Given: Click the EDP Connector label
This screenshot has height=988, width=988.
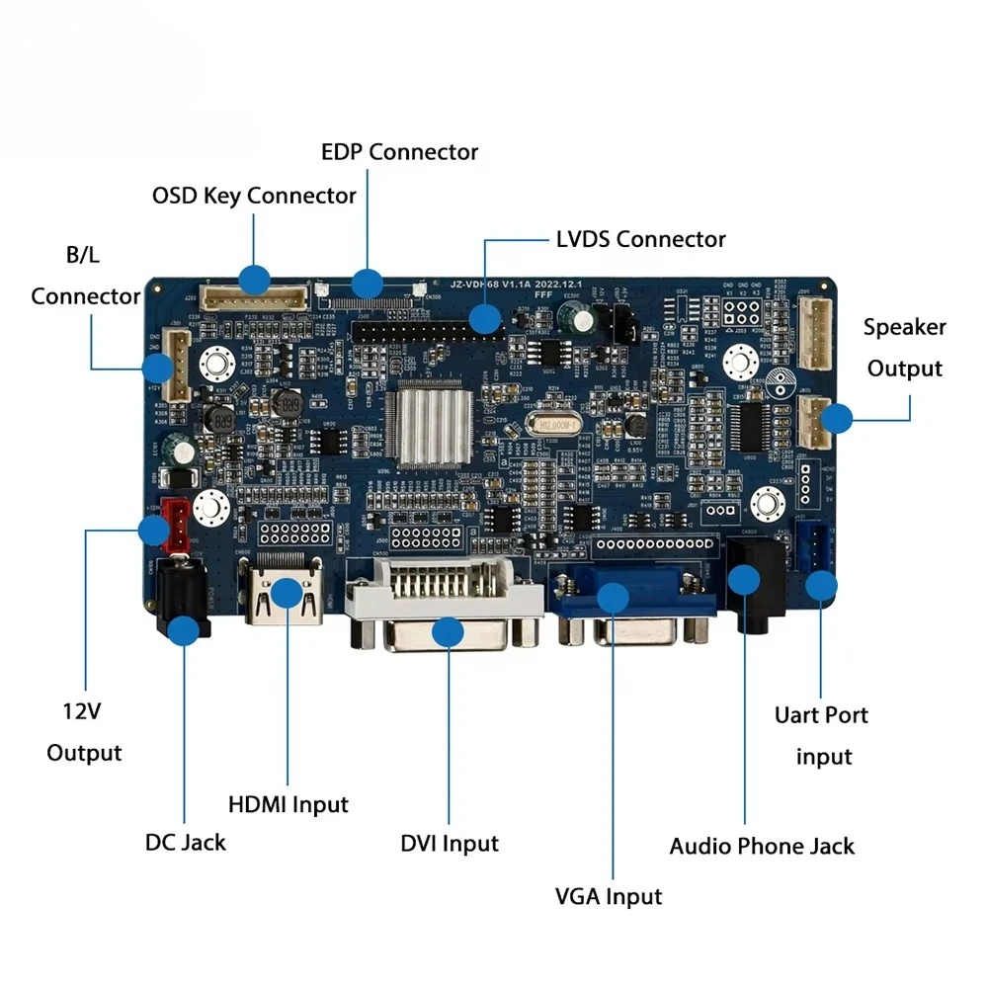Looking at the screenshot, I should (399, 152).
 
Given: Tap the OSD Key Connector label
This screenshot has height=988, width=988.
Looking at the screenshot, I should (254, 195).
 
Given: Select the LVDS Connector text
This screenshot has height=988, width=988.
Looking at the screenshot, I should (640, 239).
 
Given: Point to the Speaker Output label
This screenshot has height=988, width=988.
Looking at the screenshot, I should (904, 348).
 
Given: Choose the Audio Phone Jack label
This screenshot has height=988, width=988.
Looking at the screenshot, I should (762, 846).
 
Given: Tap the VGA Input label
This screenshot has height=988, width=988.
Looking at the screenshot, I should (608, 896).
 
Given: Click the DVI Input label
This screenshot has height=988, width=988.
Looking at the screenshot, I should (450, 843).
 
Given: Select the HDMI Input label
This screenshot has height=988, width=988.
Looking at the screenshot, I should (288, 804).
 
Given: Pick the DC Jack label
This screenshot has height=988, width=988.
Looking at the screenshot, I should (185, 842).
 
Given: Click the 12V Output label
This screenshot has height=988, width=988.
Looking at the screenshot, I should (84, 731).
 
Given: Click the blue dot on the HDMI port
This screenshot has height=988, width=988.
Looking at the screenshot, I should (288, 593).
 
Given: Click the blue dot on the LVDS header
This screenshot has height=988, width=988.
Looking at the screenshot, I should (484, 318).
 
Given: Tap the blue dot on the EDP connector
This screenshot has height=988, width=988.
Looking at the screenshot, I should (369, 282).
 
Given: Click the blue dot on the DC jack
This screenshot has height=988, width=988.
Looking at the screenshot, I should (184, 631).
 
